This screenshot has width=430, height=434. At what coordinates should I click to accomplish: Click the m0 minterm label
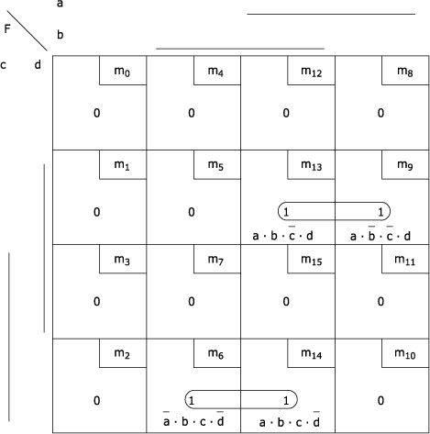pyautogui.click(x=122, y=72)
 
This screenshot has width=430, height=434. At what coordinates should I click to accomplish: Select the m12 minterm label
pyautogui.click(x=311, y=72)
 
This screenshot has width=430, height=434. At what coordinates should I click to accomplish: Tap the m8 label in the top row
pyautogui.click(x=405, y=72)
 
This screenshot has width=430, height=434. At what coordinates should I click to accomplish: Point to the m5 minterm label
pyautogui.click(x=215, y=165)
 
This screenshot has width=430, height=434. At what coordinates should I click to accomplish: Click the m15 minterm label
pyautogui.click(x=311, y=260)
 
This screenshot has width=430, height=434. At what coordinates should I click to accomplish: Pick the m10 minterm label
pyautogui.click(x=405, y=354)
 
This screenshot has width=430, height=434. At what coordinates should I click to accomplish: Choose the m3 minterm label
pyautogui.click(x=122, y=260)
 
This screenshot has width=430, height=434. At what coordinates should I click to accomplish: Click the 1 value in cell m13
pyautogui.click(x=286, y=212)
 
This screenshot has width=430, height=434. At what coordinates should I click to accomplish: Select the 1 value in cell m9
pyautogui.click(x=380, y=212)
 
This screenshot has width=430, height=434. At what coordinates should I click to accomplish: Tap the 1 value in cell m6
pyautogui.click(x=192, y=400)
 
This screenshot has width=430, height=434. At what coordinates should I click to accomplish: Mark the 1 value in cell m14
pyautogui.click(x=286, y=400)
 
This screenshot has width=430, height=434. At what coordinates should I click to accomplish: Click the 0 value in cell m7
pyautogui.click(x=192, y=302)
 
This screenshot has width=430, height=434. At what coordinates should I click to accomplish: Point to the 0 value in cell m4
pyautogui.click(x=192, y=113)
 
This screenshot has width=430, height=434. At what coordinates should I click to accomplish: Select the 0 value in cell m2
pyautogui.click(x=96, y=400)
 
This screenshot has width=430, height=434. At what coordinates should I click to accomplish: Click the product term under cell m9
pyautogui.click(x=380, y=234)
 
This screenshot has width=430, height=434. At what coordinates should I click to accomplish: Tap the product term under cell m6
pyautogui.click(x=193, y=419)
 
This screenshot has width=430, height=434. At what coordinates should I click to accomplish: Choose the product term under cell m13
pyautogui.click(x=282, y=234)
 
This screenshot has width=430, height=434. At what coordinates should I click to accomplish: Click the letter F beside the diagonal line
pyautogui.click(x=7, y=28)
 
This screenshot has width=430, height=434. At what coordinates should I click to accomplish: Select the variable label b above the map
pyautogui.click(x=61, y=35)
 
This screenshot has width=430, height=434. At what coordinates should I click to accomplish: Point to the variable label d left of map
pyautogui.click(x=38, y=64)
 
